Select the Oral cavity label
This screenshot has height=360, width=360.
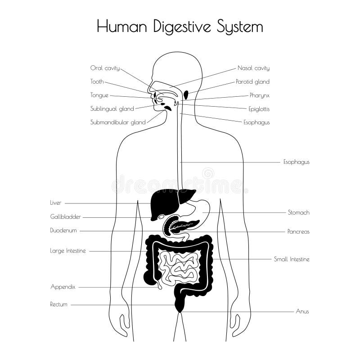click(x=105, y=68)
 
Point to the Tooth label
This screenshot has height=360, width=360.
click(x=97, y=81)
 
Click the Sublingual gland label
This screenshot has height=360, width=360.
click(x=112, y=108)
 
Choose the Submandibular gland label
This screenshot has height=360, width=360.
click(x=118, y=122)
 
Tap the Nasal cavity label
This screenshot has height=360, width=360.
click(x=253, y=68)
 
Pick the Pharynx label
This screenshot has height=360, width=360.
click(x=260, y=95)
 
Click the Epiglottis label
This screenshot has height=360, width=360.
click(x=259, y=108)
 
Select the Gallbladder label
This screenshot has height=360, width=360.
click(x=65, y=216)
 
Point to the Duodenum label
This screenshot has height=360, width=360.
click(x=63, y=230)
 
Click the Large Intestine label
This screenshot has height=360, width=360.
click(x=67, y=251)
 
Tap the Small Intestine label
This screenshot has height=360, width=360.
click(x=292, y=259)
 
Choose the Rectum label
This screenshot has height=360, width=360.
click(x=58, y=304)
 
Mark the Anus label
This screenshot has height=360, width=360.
click(x=302, y=311)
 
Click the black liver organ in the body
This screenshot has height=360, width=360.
click(x=160, y=202)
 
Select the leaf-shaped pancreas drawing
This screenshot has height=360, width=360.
click(x=182, y=225)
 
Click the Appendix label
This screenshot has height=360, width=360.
click(x=63, y=286)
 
